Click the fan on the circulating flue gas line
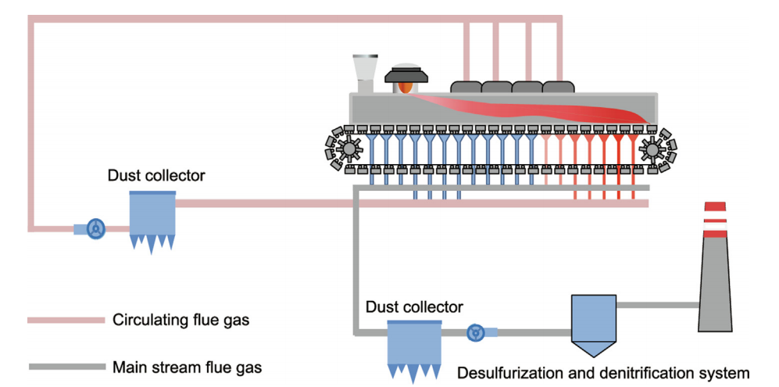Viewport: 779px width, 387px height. (x=96, y=228)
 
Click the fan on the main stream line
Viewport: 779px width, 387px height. (x=475, y=333)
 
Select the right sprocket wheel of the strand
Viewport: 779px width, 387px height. (x=650, y=148)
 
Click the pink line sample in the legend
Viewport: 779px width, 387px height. (x=66, y=320)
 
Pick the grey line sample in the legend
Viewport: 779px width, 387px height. (x=66, y=366)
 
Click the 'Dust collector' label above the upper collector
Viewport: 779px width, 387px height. (x=156, y=176)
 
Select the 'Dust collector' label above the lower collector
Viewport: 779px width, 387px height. (x=414, y=307)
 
